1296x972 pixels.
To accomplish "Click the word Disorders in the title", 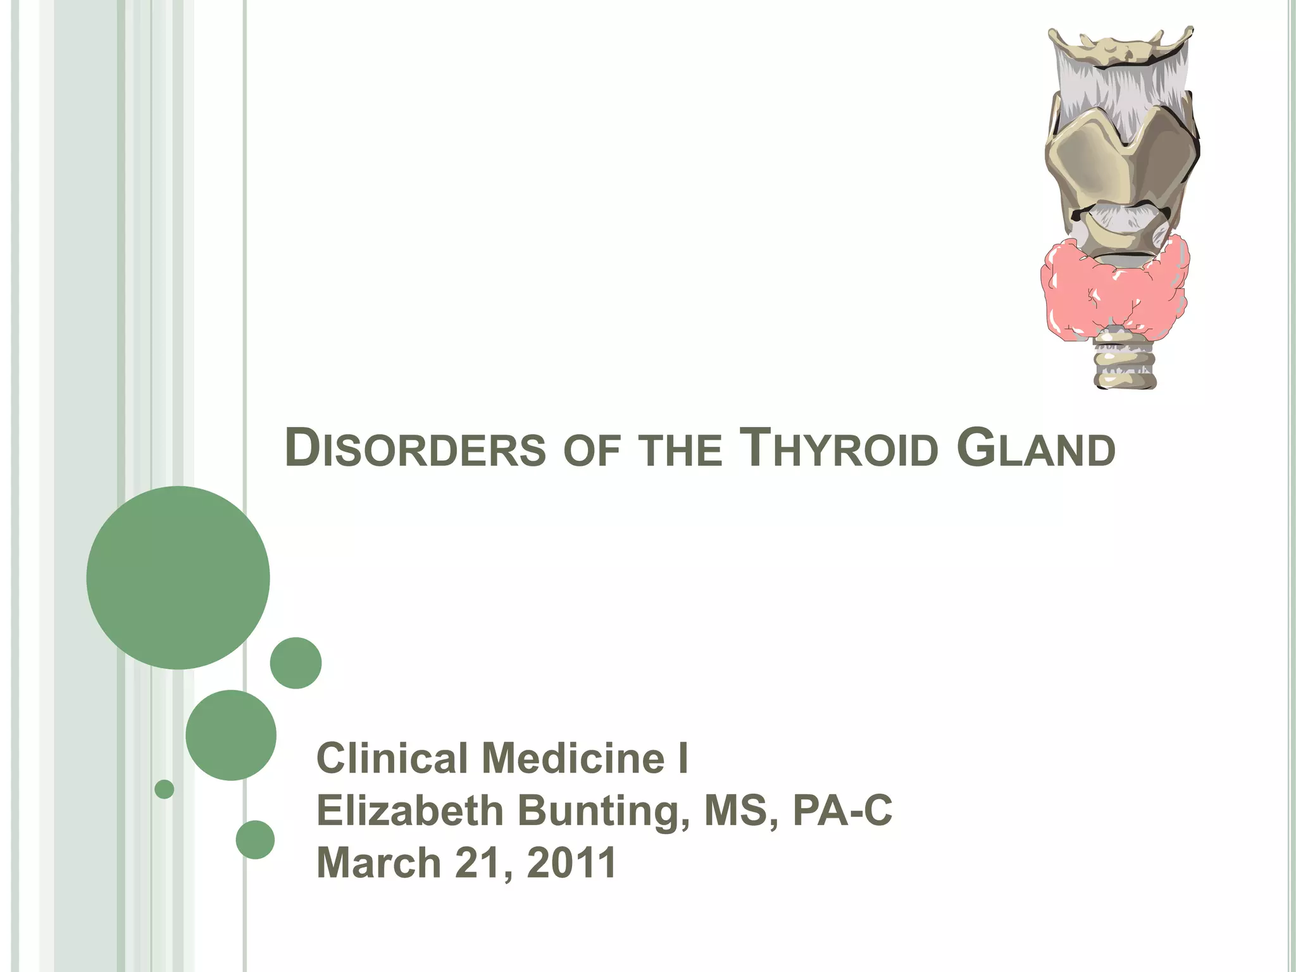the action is (415, 448).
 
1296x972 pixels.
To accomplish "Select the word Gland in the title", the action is (1036, 448).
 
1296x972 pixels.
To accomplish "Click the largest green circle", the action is (178, 577).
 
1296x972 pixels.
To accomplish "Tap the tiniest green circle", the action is (164, 789).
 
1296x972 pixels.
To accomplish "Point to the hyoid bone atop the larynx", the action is (1120, 46).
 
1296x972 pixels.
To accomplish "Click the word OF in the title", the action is (592, 451).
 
